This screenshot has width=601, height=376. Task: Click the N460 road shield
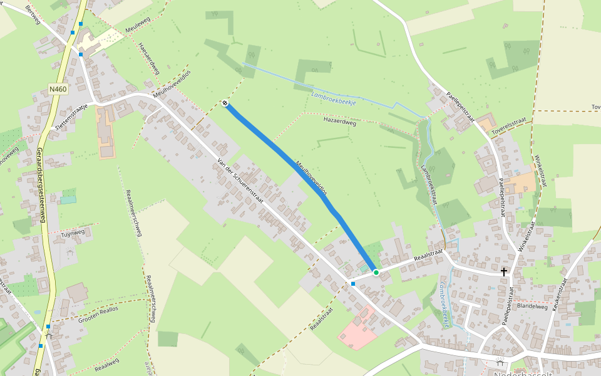pyautogui.click(x=58, y=90)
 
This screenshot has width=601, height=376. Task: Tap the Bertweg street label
pyautogui.click(x=33, y=14)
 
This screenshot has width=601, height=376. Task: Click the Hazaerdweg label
pyautogui.click(x=339, y=123)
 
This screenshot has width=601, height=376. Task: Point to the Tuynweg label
pyautogui.click(x=73, y=233)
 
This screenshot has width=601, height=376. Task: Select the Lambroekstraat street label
pyautogui.click(x=430, y=185)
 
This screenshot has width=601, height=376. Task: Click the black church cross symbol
pyautogui.click(x=504, y=271)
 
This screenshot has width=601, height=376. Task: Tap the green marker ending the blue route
pyautogui.click(x=376, y=273)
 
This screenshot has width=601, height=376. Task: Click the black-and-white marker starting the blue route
pyautogui.click(x=225, y=103)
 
